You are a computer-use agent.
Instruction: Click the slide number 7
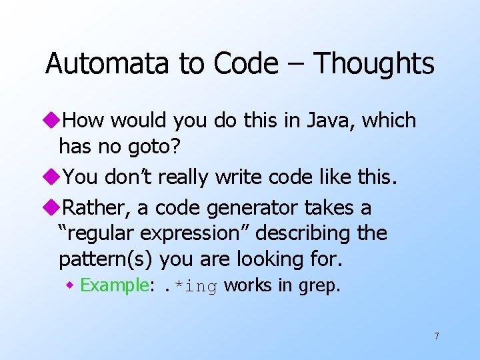(437, 336)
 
